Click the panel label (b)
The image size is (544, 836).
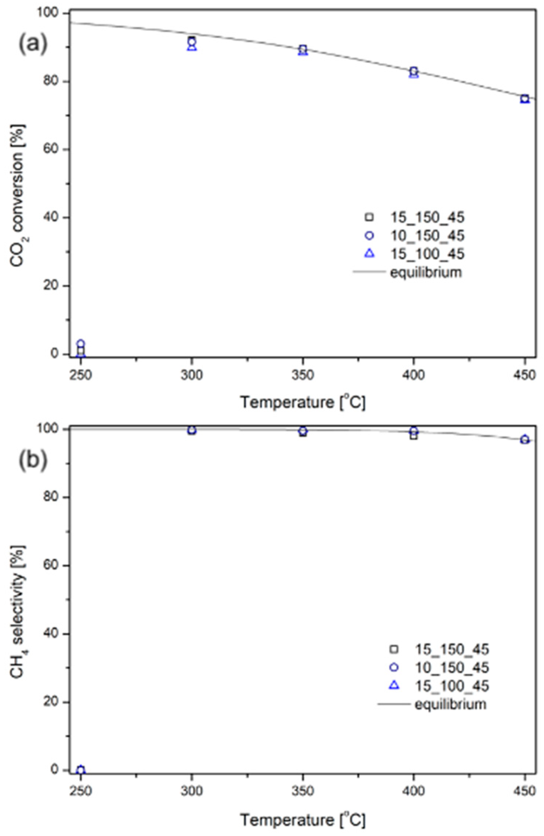(33, 460)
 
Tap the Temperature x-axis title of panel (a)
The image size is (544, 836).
(303, 402)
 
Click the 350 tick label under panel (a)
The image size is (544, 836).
(303, 375)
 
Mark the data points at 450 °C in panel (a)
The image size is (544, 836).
(525, 99)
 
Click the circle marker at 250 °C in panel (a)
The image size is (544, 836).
(81, 343)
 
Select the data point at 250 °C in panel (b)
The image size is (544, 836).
(81, 770)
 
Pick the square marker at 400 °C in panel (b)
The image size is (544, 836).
(414, 436)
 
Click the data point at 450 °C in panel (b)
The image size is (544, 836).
(525, 439)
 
